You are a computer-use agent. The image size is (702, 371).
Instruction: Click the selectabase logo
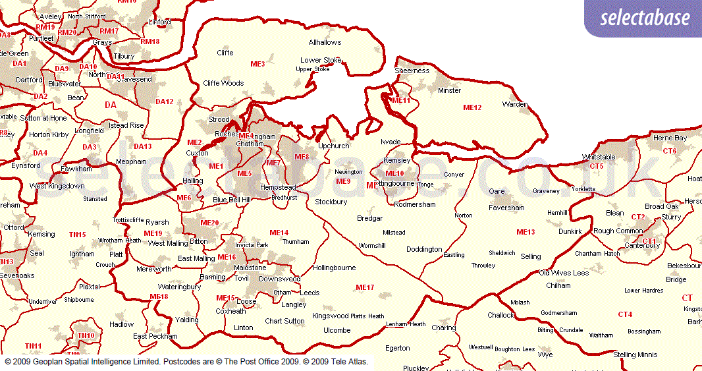645,18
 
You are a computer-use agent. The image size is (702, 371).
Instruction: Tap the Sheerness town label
412,71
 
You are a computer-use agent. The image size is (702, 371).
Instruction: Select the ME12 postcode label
472,107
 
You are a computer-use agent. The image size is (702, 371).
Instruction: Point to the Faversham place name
506,208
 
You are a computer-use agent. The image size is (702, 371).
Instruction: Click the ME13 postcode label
526,232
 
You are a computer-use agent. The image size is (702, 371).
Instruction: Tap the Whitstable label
599,157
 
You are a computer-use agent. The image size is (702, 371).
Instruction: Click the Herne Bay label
670,138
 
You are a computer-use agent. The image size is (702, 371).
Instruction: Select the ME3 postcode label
257,64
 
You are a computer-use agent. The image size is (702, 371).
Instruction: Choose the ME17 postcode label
365,287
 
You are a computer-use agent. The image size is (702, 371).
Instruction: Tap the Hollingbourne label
334,268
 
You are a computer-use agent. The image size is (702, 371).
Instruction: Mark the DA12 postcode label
164,101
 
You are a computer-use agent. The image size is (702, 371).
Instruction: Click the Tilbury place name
124,57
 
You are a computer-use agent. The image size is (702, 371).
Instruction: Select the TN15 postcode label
77,235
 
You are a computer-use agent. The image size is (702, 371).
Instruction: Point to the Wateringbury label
179,287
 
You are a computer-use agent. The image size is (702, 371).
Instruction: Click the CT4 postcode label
625,314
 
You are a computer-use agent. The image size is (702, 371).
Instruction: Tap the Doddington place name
424,250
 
